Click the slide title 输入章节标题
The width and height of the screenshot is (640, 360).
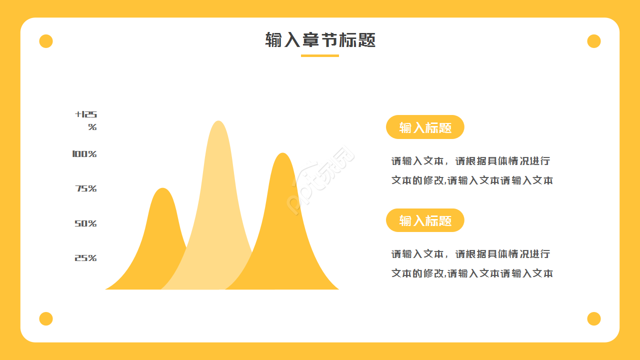point(320,40)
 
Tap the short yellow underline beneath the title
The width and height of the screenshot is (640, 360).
point(320,55)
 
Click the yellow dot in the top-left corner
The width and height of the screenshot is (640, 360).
point(46,41)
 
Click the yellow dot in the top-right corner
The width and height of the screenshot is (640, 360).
point(593,41)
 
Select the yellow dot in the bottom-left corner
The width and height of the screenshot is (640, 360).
point(46,318)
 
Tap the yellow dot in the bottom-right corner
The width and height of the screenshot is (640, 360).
point(593,318)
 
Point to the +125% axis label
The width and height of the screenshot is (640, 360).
point(86,120)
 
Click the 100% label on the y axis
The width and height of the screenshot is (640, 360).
point(84,154)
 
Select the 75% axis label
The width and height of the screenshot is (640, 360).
point(86,188)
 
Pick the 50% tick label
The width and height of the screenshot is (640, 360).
point(85,223)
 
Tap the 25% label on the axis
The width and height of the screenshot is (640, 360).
point(85,258)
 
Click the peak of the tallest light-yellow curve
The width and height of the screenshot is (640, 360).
point(218,123)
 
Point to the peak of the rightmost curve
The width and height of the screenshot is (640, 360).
point(283,155)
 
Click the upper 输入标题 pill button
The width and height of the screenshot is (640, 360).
point(425,127)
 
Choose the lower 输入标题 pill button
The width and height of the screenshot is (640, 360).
point(425,220)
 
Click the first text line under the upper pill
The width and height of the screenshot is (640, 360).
point(470,161)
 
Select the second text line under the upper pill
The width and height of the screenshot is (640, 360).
point(472,180)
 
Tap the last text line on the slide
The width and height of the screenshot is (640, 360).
point(472,273)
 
